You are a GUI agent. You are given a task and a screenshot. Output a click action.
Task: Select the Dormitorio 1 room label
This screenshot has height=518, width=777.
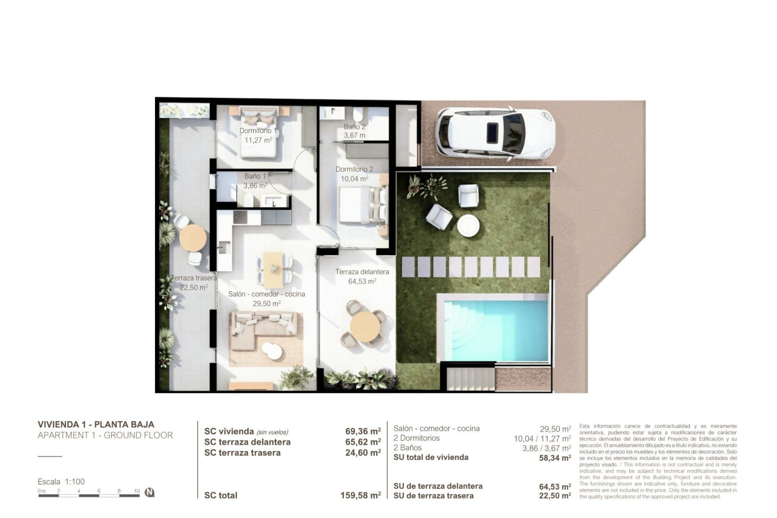pos(258,131)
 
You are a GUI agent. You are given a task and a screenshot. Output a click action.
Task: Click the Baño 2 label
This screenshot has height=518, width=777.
pos(355,127)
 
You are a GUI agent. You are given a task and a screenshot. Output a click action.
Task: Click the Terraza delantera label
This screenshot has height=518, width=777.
pos(362,272)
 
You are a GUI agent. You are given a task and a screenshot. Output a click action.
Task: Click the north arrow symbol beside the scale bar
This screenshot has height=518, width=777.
pos(150,493)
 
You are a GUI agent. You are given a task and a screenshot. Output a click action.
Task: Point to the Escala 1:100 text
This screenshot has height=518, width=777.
pos(61,482)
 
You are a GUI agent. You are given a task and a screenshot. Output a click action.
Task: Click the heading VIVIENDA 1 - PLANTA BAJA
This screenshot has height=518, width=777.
pos(96,425)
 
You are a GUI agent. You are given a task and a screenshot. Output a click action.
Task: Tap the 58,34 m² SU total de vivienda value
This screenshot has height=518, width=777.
pos(555,458)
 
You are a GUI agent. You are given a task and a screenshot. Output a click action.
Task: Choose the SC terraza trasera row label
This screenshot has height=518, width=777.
pos(242,453)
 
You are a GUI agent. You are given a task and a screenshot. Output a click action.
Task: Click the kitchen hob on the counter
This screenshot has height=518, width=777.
pos(240,217)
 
